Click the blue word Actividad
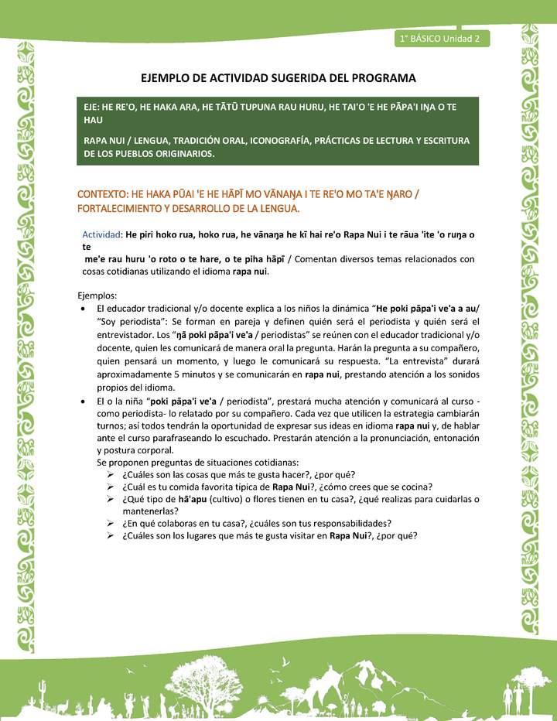point(101,234)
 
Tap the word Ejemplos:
point(98,296)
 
